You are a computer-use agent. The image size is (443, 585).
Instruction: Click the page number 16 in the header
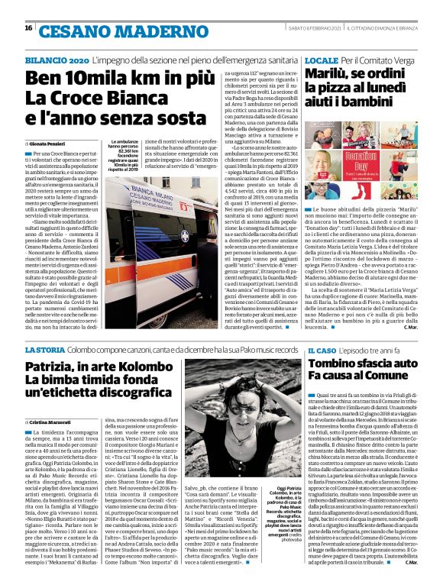[28, 28]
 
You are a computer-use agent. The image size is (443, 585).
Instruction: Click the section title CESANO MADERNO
[99, 29]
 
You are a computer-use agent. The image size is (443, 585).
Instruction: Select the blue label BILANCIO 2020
[56, 58]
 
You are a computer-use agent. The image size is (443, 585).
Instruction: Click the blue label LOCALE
[322, 58]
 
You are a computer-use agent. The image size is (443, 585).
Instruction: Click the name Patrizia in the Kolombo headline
[54, 367]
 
